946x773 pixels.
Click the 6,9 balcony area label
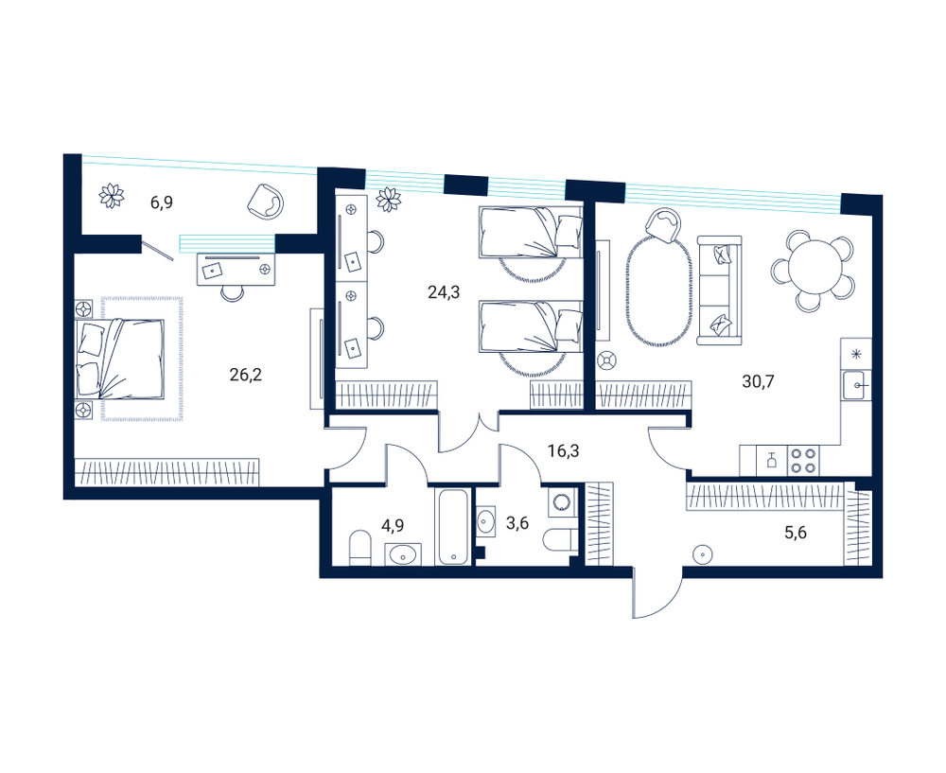[x=162, y=202]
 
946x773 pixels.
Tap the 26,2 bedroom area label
[x=246, y=375]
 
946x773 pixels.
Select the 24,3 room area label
[x=444, y=292]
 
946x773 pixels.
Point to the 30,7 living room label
[x=758, y=381]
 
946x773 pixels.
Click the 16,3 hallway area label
[x=564, y=450]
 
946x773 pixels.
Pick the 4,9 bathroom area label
[x=393, y=525]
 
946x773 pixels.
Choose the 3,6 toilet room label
[x=517, y=522]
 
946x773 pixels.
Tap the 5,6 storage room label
[x=796, y=533]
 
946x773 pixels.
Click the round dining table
[x=814, y=266]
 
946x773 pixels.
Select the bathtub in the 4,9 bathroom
[x=454, y=526]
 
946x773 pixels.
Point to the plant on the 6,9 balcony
[x=112, y=196]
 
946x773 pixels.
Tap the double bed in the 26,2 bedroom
[x=120, y=359]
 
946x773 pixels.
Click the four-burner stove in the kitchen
[x=803, y=461]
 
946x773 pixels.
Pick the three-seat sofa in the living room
[x=719, y=290]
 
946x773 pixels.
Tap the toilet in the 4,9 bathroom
[x=360, y=548]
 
